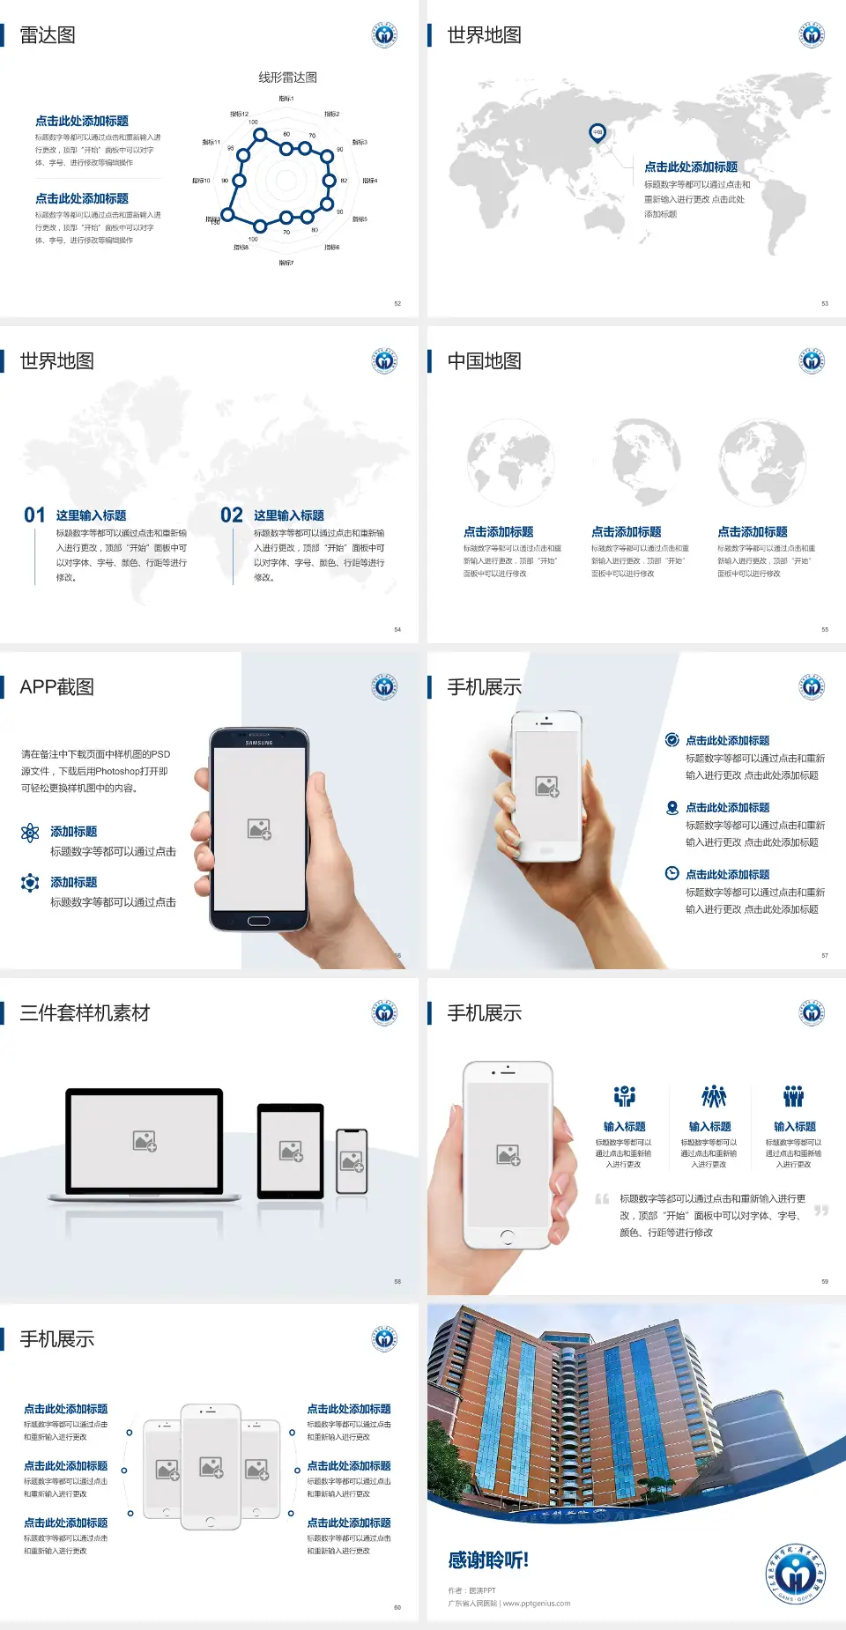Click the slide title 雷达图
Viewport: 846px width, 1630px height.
pyautogui.click(x=48, y=35)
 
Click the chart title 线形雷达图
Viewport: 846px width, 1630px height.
pyautogui.click(x=287, y=78)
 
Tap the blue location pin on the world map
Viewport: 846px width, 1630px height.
pyautogui.click(x=597, y=133)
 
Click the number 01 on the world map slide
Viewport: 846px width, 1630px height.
pyautogui.click(x=34, y=515)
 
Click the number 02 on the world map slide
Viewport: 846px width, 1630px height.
pyautogui.click(x=232, y=515)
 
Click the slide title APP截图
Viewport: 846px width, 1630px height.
pyautogui.click(x=56, y=687)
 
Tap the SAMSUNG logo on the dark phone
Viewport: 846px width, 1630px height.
pyautogui.click(x=259, y=743)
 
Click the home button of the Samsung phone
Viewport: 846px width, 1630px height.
pyautogui.click(x=258, y=921)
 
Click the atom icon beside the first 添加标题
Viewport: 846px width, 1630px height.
pyautogui.click(x=30, y=833)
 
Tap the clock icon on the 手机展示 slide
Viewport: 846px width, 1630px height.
pyautogui.click(x=672, y=873)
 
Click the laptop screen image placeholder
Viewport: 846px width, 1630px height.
pyautogui.click(x=145, y=1141)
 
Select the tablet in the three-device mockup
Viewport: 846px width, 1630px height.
pyautogui.click(x=291, y=1150)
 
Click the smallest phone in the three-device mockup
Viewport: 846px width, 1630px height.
pyautogui.click(x=352, y=1161)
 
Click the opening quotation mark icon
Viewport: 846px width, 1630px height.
pyautogui.click(x=602, y=1199)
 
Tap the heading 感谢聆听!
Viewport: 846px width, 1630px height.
pyautogui.click(x=488, y=1560)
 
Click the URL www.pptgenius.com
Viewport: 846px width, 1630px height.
pyautogui.click(x=537, y=1604)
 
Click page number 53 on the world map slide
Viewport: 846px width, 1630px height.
pyautogui.click(x=825, y=304)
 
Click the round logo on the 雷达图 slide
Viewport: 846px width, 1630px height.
pyautogui.click(x=384, y=35)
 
